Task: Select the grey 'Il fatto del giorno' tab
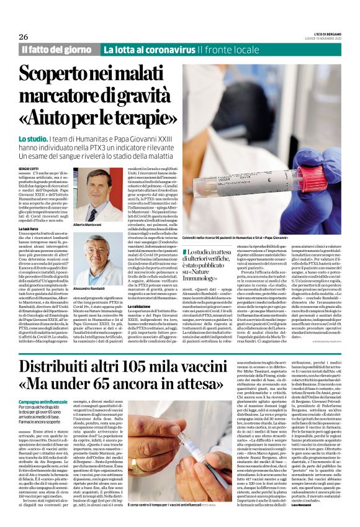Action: tap(58, 50)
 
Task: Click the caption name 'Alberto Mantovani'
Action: tap(89, 224)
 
